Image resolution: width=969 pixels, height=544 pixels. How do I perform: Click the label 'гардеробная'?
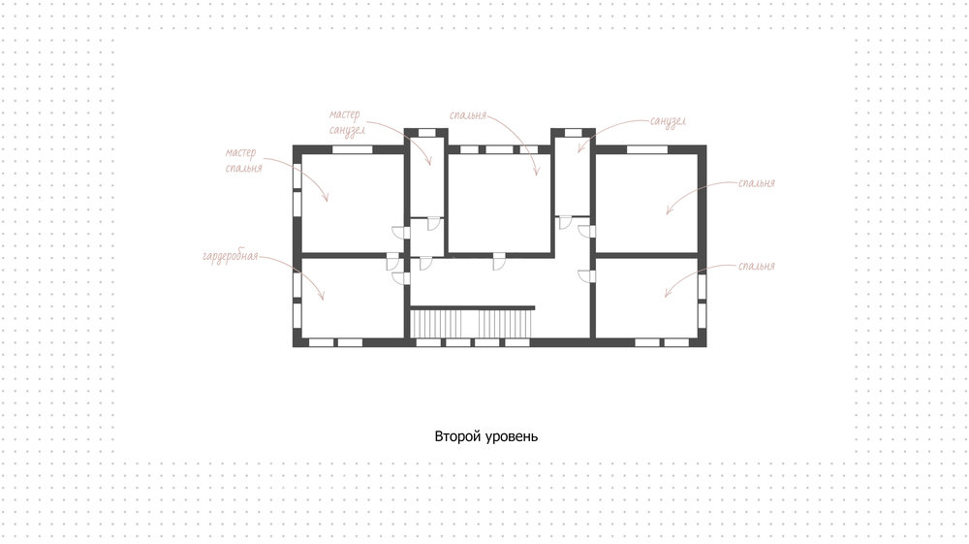(x=231, y=257)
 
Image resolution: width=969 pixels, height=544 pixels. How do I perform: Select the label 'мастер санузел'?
(x=347, y=122)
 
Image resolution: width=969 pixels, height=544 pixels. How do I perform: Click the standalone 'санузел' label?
(x=668, y=120)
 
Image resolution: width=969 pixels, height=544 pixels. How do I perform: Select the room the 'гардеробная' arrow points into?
(x=352, y=298)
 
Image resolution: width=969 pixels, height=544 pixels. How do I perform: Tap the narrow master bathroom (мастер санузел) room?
(x=427, y=176)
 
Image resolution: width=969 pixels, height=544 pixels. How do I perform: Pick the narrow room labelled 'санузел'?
(x=573, y=176)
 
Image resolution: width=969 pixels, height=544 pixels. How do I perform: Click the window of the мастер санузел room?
(x=426, y=132)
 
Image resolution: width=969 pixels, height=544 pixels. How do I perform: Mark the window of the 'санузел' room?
(x=573, y=132)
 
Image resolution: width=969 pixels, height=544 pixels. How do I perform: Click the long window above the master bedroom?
(x=353, y=149)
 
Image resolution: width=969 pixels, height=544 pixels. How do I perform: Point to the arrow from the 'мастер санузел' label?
(x=406, y=133)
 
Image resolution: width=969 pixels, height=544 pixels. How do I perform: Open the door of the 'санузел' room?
(x=565, y=223)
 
